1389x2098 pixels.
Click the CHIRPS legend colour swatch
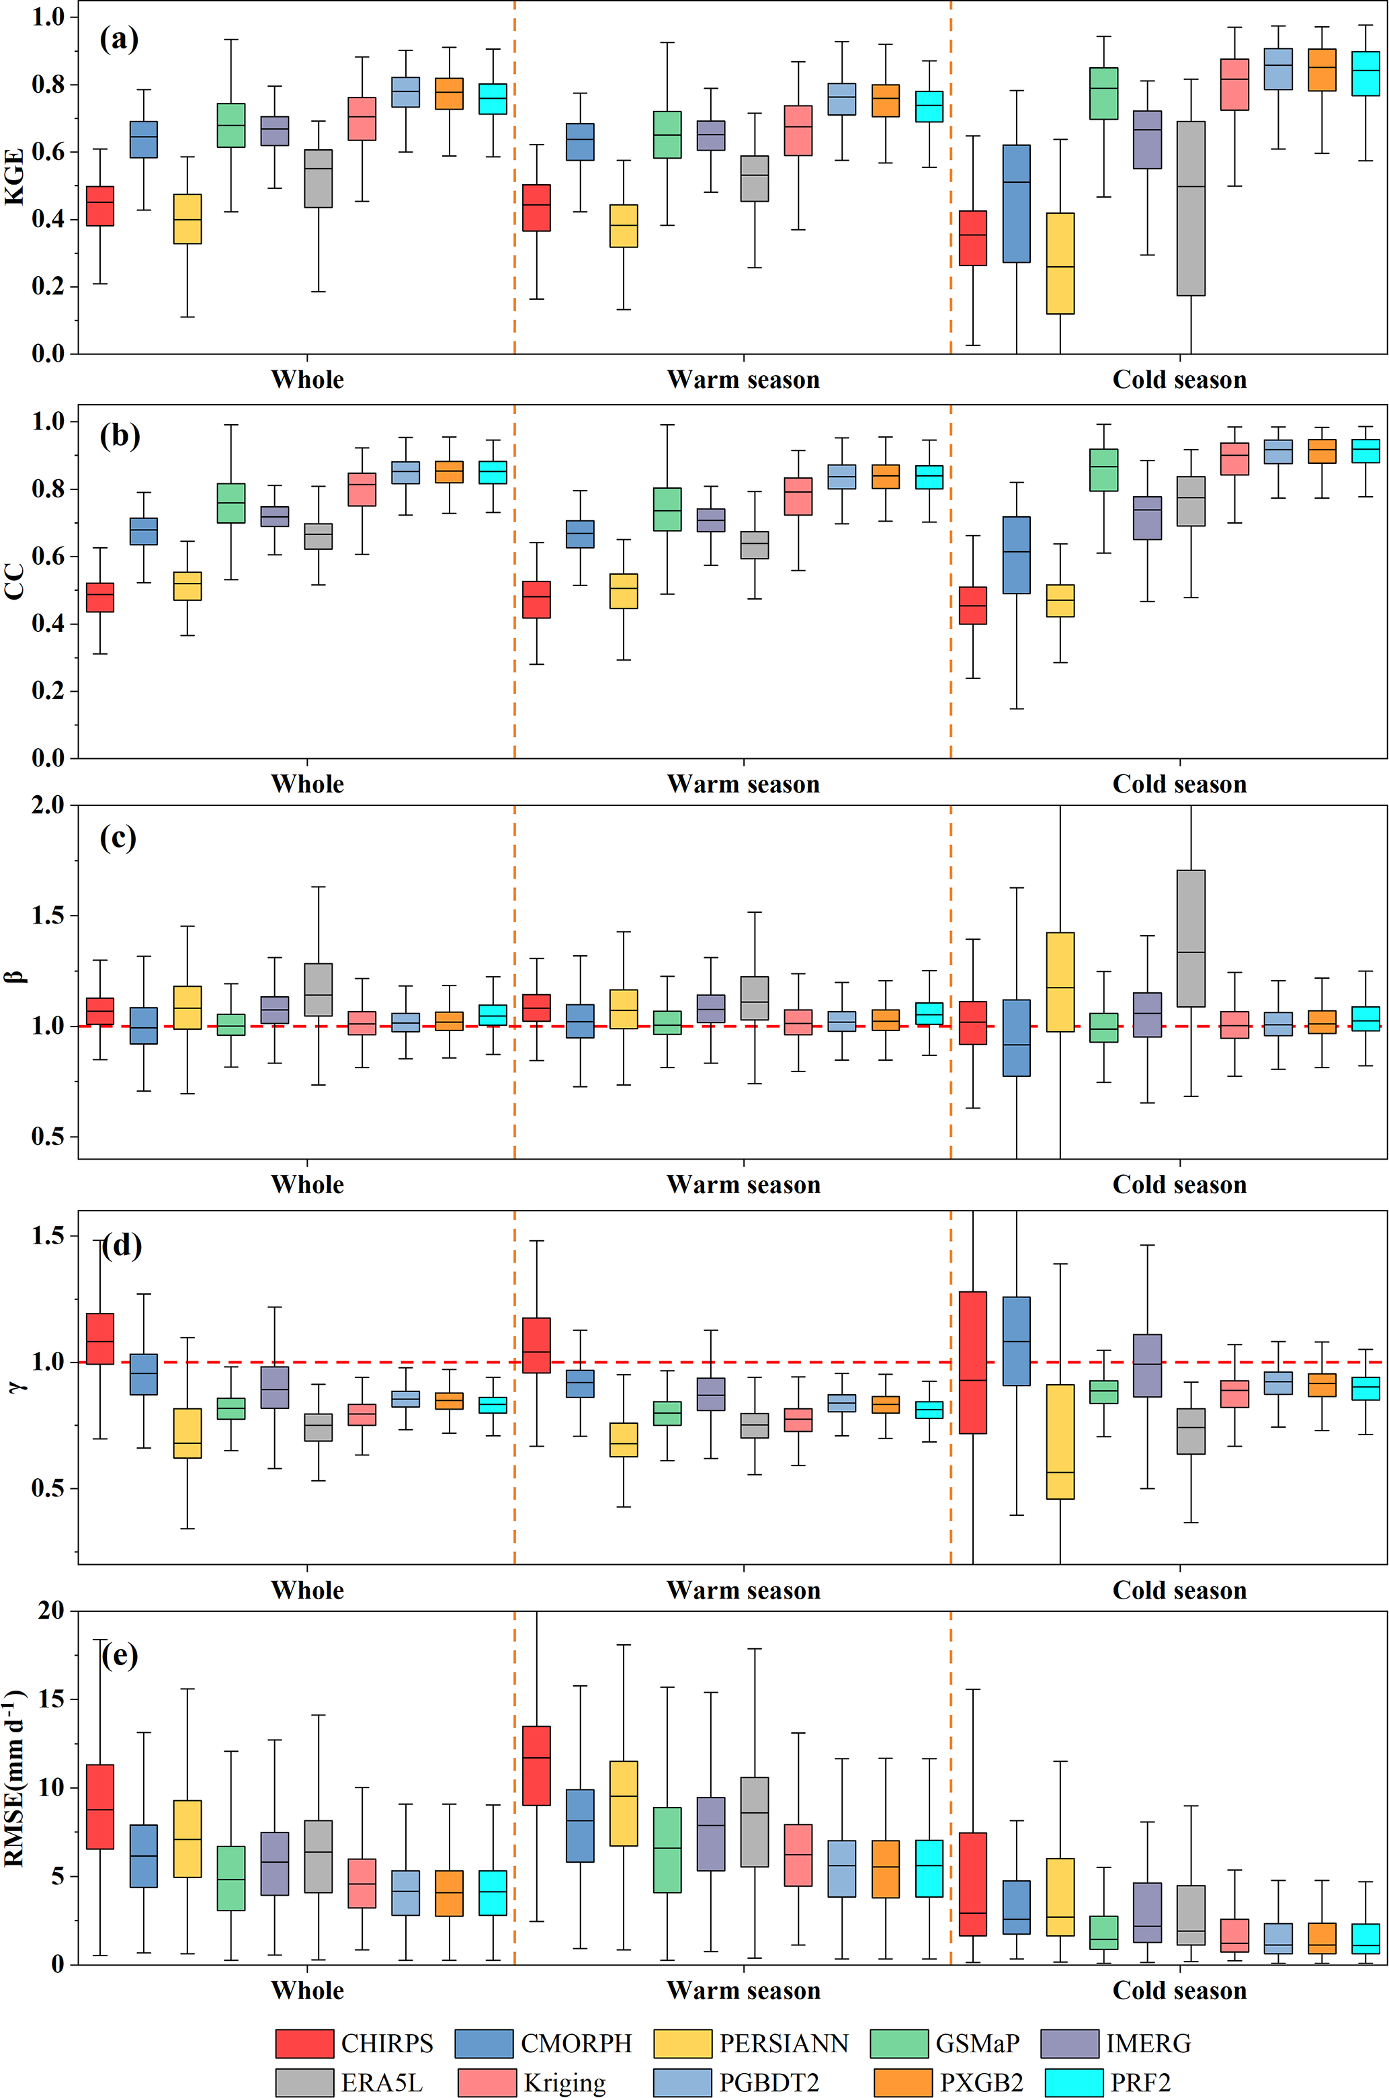click(x=304, y=2043)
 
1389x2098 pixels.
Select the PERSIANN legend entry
click(x=783, y=2043)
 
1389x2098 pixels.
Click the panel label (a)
click(x=119, y=39)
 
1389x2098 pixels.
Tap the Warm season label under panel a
click(x=743, y=380)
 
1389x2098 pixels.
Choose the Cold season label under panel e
click(x=1179, y=1991)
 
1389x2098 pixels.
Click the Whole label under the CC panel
click(x=307, y=784)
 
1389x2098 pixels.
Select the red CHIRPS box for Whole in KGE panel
click(x=100, y=206)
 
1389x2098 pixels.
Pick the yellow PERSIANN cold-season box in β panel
click(x=1060, y=981)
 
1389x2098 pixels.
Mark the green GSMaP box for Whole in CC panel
click(x=231, y=503)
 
